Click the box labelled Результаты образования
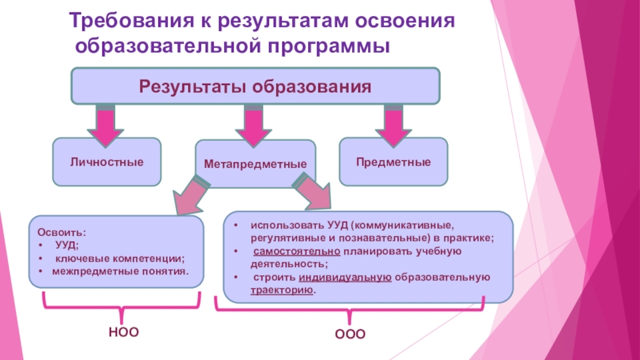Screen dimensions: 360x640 256,86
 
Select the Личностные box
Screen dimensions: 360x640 106,162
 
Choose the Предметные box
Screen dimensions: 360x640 394,162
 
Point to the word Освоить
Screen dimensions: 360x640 62,233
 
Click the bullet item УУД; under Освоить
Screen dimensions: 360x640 66,246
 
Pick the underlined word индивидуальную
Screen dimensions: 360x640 345,278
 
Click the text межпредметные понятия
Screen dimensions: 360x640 121,271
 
